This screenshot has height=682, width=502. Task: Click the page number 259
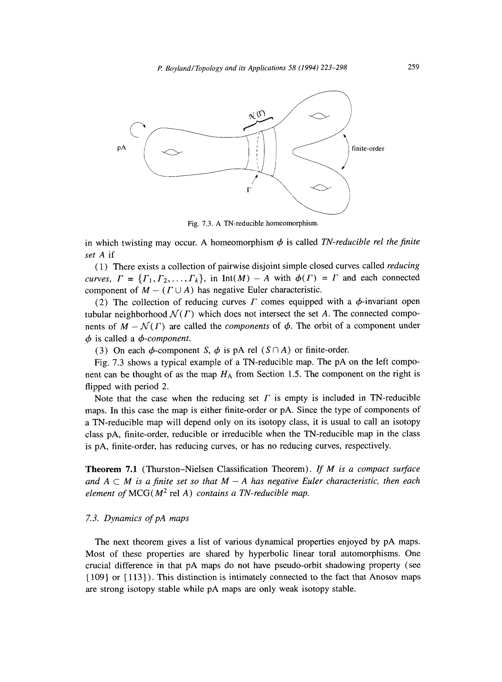[413, 67]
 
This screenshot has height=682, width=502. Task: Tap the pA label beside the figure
[122, 148]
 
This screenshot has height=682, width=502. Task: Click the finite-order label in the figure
[368, 149]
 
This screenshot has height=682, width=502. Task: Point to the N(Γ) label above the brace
[257, 115]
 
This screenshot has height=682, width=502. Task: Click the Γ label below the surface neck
[249, 190]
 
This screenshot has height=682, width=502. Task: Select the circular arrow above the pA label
[137, 129]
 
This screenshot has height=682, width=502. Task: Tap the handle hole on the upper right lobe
[319, 116]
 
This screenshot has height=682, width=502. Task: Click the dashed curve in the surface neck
[258, 152]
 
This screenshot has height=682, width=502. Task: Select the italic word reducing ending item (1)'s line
[403, 266]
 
